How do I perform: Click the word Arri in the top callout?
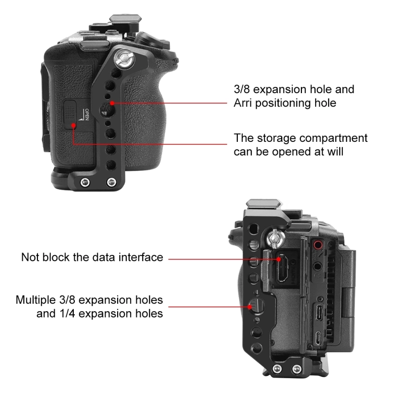pos(242,103)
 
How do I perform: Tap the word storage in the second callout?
pos(276,138)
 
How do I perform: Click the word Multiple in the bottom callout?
pos(35,300)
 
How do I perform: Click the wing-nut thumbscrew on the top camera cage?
pos(124,59)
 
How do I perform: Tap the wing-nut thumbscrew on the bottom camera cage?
pos(276,239)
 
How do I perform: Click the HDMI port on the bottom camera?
pos(282,268)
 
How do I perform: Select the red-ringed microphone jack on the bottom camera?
pos(318,244)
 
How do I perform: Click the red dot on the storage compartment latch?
pos(73,125)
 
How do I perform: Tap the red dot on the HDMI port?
pos(279,259)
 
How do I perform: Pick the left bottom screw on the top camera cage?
pos(85,182)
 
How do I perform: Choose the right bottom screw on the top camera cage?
pos(111,182)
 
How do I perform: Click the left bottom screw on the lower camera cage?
pos(277,369)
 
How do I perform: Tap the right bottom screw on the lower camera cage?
pos(296,369)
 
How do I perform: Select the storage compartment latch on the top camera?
pos(70,114)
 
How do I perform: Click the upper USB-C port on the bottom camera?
pos(319,312)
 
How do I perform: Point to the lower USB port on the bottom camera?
pos(318,338)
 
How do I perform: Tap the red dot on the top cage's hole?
pos(112,103)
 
